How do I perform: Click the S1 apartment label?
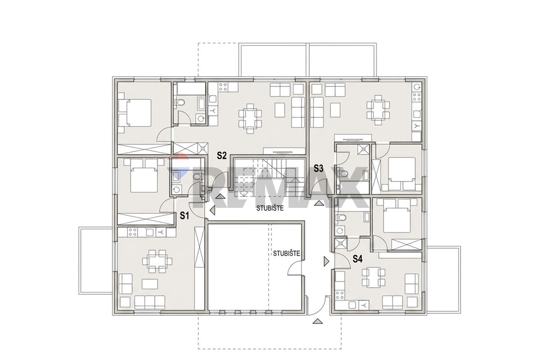click(184, 216)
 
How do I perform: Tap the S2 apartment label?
click(221, 156)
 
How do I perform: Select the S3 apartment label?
click(318, 169)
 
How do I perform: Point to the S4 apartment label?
click(357, 259)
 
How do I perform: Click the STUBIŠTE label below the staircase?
click(270, 208)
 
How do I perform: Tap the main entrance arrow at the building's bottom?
click(318, 321)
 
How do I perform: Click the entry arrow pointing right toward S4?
click(327, 261)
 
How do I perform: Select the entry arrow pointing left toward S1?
click(212, 210)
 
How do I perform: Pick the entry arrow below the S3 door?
click(319, 203)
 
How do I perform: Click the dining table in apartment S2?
click(250, 118)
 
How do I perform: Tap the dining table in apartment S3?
click(378, 110)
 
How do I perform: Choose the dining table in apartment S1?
click(157, 261)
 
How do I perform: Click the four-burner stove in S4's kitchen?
click(340, 295)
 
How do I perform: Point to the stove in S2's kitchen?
click(223, 87)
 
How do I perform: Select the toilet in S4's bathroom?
click(342, 218)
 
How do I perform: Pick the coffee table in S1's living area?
click(150, 284)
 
